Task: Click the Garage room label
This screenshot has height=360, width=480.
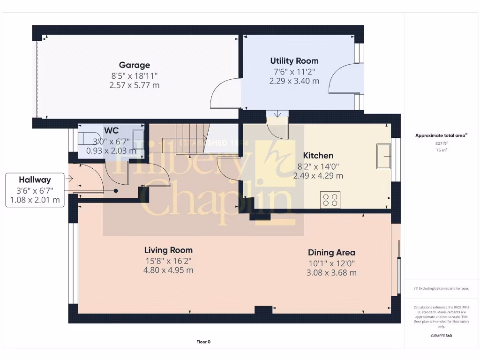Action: coord(135,65)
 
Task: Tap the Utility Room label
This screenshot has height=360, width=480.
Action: coord(294,61)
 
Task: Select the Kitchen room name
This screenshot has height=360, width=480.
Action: coord(318,156)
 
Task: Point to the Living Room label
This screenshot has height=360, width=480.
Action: coord(168,250)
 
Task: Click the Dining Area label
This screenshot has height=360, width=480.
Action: coord(331,253)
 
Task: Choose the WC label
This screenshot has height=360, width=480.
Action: coord(111,130)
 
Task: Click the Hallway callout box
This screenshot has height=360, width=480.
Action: coord(35,189)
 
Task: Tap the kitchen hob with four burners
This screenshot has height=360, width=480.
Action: coord(330,200)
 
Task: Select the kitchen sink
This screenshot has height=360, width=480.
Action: coord(383,156)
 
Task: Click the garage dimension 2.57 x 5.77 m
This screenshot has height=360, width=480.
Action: coord(134,85)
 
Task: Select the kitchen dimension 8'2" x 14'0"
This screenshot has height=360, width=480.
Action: coord(318,166)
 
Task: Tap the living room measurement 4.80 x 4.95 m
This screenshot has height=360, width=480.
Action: coord(168,270)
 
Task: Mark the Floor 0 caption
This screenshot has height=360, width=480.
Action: coord(203,342)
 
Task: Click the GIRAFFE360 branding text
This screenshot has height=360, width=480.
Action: coord(441,336)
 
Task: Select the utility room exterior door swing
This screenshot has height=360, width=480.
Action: coord(340,78)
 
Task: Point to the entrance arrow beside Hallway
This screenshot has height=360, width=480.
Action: coord(69,179)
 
